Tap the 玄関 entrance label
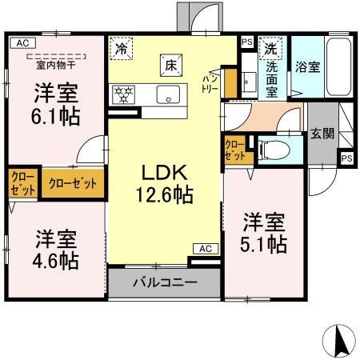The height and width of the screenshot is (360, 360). tap(322, 133)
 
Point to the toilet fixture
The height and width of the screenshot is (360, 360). tap(270, 147)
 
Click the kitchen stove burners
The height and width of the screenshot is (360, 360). tap(124, 92)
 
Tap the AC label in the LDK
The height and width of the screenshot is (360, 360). tap(203, 249)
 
